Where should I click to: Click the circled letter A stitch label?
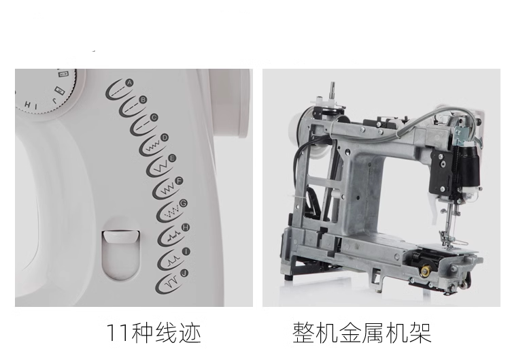(129, 82)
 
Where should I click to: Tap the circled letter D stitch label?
(165, 137)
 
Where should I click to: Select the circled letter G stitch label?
(184, 203)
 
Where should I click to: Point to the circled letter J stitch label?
(184, 273)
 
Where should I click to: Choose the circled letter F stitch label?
(179, 181)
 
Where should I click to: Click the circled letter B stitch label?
(143, 99)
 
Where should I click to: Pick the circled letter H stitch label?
(186, 227)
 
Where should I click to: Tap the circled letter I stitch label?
(186, 251)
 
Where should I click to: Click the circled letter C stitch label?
(154, 118)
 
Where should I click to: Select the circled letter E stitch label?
(172, 159)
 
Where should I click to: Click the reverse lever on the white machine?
(121, 236)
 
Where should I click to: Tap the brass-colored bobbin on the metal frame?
(425, 271)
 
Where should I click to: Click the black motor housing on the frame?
(456, 169)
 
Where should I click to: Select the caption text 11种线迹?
(154, 333)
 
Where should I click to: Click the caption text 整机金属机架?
(362, 333)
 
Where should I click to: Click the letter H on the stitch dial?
(28, 105)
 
